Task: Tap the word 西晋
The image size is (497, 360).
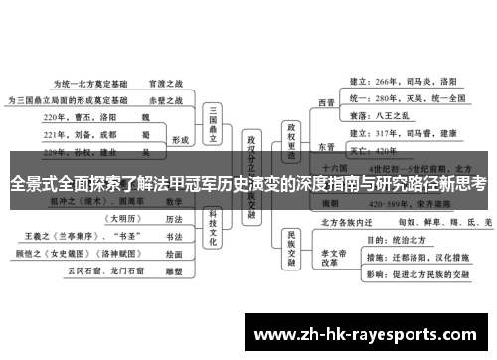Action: [x=326, y=101]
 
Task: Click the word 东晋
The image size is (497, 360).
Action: [x=326, y=146]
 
